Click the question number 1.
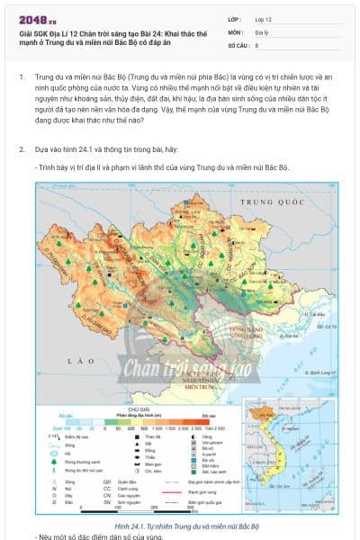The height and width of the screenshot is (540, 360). tap(22, 77)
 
